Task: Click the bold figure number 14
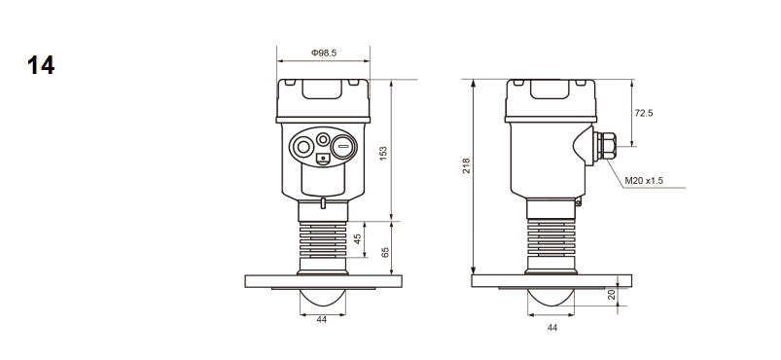tap(41, 65)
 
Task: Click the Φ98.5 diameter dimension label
tap(324, 53)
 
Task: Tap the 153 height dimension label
tap(383, 153)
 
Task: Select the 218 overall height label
tap(466, 165)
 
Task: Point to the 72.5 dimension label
tap(644, 113)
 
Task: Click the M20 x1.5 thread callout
tap(644, 181)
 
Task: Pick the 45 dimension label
tap(357, 239)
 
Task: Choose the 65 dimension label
tap(385, 253)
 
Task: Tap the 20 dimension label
tap(612, 295)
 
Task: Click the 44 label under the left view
tap(322, 319)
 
